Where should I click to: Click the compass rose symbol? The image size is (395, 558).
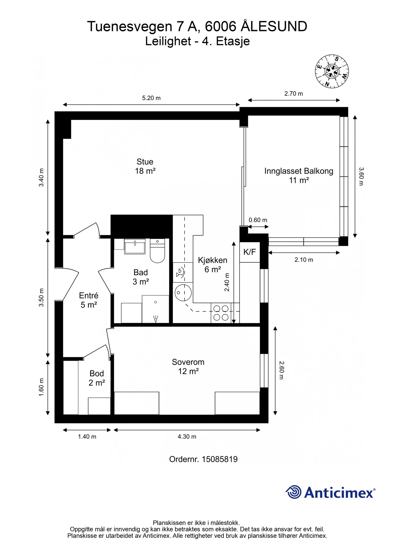[x=332, y=71]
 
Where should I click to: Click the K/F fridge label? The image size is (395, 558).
[x=249, y=252]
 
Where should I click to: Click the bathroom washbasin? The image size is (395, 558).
[x=135, y=246]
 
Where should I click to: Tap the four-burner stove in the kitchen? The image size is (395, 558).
[x=221, y=313]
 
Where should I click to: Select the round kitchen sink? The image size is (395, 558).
[x=183, y=292]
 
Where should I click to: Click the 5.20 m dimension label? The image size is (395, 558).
[x=151, y=98]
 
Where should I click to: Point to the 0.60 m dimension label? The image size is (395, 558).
[x=258, y=220]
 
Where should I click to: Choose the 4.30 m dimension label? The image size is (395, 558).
[x=187, y=436]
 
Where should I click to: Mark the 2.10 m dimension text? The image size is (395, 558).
[x=304, y=260]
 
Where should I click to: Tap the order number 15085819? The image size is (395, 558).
[x=220, y=459]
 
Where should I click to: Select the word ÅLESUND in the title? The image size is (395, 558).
[x=274, y=26]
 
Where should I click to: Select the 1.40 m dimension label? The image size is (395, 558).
[x=87, y=436]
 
